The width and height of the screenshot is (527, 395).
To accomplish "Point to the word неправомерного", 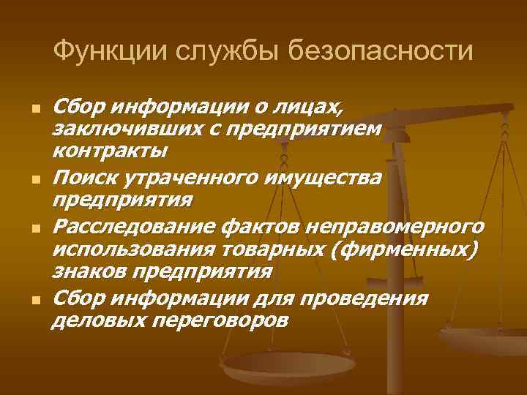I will coord(405,226).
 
